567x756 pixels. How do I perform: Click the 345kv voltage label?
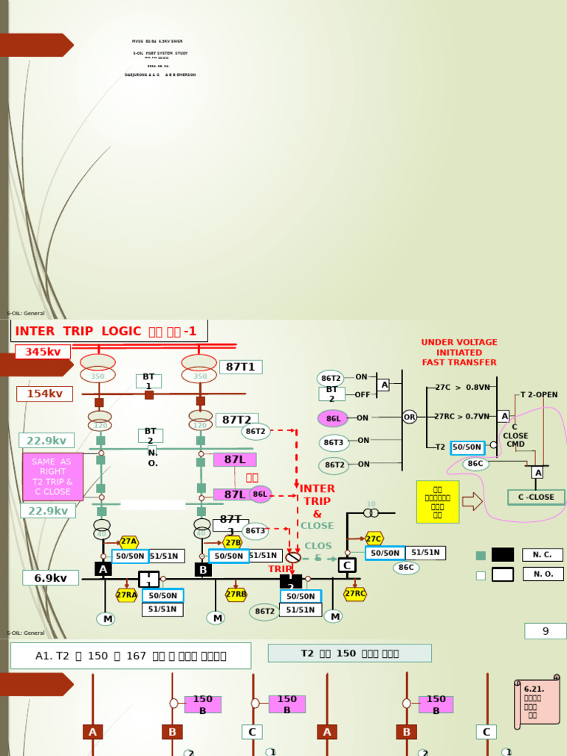coord(43,352)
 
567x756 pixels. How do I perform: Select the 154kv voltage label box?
coord(44,394)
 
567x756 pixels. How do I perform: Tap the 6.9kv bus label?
coord(50,578)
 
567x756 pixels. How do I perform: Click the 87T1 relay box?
coord(241,367)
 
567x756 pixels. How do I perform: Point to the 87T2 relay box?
coord(237,420)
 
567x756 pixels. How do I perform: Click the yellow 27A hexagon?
coord(128,542)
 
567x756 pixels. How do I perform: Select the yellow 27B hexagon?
coord(233,543)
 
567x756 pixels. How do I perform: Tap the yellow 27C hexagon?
coord(374,539)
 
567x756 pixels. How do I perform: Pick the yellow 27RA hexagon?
coord(126,595)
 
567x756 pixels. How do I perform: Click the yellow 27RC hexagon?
coord(355,594)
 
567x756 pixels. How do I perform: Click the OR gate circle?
coord(409,417)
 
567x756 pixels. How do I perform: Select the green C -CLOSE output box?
coord(536,497)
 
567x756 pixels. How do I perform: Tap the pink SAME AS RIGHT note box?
coord(52,476)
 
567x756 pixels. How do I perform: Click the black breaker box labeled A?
coord(103,569)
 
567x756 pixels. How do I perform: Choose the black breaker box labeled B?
coord(203,570)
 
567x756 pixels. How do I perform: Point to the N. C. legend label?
coord(543,554)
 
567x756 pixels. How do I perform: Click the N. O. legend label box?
coord(543,574)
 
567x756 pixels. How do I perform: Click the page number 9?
coord(546,631)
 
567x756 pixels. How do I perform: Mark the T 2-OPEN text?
coord(539,395)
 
